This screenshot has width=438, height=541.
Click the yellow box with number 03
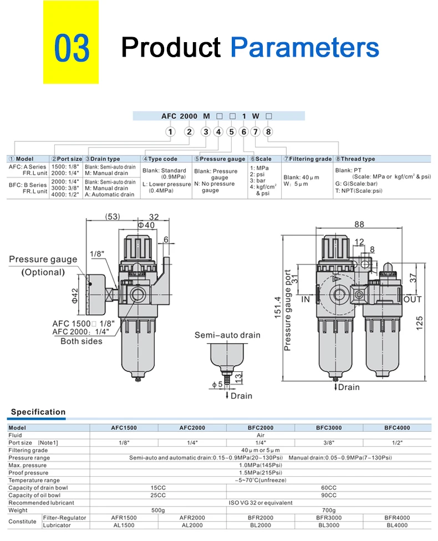click(72, 49)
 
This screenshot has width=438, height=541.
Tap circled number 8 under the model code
click(268, 132)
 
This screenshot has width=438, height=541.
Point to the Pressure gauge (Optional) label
click(43, 266)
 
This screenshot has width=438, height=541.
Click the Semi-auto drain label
click(227, 335)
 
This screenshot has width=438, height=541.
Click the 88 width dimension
click(359, 224)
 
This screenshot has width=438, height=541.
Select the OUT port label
click(412, 299)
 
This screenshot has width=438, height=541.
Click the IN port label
click(306, 299)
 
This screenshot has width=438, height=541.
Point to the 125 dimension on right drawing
click(420, 321)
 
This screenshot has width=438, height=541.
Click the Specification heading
click(38, 412)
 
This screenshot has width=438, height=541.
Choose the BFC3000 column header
click(329, 428)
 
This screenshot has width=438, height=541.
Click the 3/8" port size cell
click(329, 443)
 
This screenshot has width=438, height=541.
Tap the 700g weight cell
click(329, 510)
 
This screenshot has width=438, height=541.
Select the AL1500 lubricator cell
click(124, 524)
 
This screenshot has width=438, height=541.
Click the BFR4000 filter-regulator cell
click(397, 517)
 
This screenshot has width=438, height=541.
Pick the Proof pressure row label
click(28, 473)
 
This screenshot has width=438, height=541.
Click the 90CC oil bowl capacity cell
click(329, 495)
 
